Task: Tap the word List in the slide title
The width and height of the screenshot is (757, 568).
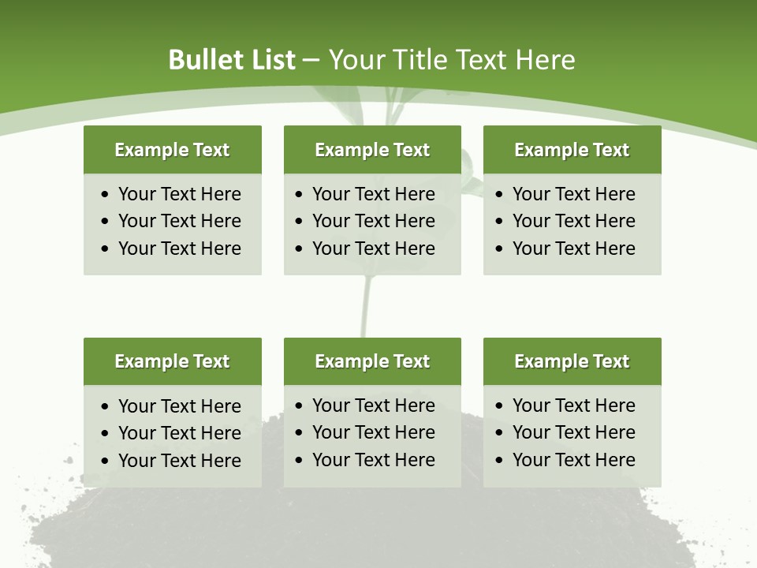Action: tap(270, 60)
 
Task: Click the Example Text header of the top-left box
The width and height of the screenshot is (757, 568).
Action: tap(172, 150)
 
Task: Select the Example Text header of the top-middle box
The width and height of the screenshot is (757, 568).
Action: tap(372, 150)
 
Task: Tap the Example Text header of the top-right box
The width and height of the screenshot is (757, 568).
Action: tap(572, 150)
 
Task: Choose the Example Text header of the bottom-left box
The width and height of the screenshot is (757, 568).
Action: tap(172, 361)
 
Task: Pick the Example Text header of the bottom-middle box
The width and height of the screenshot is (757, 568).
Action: tap(372, 361)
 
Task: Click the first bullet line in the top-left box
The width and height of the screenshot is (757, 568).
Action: tap(179, 194)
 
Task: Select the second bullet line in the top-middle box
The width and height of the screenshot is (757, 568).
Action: tap(373, 221)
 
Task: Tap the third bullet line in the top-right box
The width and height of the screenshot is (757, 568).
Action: tap(573, 248)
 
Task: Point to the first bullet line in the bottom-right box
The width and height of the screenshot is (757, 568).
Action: tap(573, 405)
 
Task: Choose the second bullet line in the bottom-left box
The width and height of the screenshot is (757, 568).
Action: tap(179, 433)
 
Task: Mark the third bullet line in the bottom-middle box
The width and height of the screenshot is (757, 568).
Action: tap(373, 460)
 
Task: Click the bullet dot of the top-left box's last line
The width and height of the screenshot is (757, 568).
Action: tap(106, 249)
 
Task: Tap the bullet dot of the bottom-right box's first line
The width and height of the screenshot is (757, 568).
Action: tap(500, 406)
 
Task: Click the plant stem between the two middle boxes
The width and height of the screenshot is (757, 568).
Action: tap(365, 308)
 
